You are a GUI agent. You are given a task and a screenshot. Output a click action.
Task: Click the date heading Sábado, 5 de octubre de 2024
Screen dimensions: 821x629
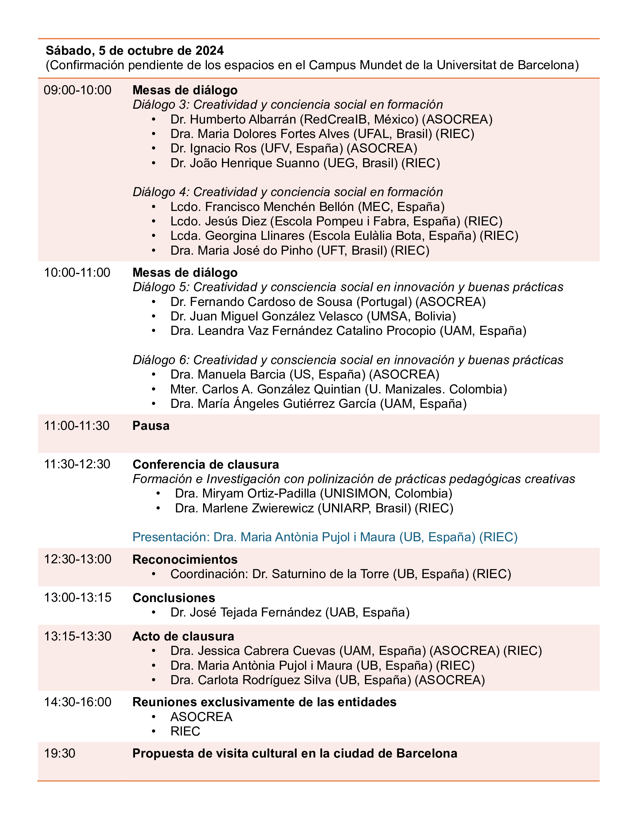[x=135, y=51]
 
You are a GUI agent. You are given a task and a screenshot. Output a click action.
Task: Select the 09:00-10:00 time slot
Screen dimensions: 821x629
[x=78, y=90]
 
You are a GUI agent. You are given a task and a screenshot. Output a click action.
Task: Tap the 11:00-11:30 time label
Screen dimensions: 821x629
[x=77, y=426]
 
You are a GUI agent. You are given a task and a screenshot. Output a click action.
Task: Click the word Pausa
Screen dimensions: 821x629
[x=151, y=426]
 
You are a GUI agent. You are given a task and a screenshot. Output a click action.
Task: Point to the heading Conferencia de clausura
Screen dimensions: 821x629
[x=205, y=464]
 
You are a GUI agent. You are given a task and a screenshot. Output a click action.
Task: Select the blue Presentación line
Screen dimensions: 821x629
[x=325, y=537]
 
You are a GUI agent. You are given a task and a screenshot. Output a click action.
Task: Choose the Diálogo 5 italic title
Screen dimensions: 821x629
[x=348, y=287]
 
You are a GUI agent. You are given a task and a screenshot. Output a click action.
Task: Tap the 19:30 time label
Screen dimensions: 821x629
[x=60, y=753]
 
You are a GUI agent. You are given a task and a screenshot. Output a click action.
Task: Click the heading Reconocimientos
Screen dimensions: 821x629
[x=185, y=559]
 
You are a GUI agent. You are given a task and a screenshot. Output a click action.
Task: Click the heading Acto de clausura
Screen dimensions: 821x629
[x=183, y=636]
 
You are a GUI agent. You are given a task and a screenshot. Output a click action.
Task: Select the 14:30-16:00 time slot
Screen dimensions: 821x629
[x=78, y=702]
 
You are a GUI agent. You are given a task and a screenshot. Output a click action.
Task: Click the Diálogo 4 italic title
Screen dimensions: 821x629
[x=287, y=192]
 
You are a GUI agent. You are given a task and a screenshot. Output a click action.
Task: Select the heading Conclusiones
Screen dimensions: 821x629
[x=174, y=598]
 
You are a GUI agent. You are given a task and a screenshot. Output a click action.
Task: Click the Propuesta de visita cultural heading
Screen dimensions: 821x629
[x=294, y=753]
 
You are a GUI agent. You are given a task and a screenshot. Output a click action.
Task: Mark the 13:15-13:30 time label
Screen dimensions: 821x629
[x=78, y=636]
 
